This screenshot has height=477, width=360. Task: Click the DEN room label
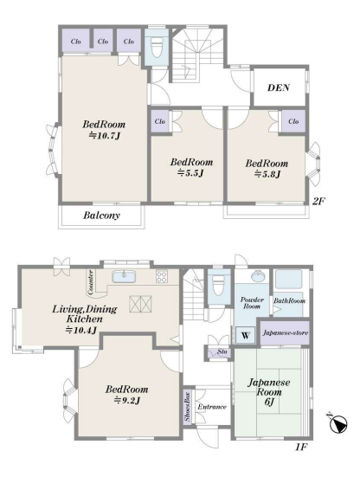(278, 88)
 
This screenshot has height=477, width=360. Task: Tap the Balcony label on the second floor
(101, 216)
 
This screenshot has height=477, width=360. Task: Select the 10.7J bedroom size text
(105, 136)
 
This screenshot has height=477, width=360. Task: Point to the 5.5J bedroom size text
(190, 173)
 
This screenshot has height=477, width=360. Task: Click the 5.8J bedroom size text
(267, 174)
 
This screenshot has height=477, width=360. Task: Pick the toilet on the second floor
(157, 48)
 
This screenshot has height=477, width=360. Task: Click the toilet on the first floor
(219, 286)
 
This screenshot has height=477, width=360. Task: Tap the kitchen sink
(124, 276)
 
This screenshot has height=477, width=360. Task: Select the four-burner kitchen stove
(162, 276)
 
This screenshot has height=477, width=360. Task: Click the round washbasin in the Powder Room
(258, 275)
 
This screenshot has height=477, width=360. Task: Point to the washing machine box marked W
(246, 336)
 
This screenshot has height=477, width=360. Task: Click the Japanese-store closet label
(286, 332)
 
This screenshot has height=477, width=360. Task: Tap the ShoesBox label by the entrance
(187, 407)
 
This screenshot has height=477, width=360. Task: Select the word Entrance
(212, 407)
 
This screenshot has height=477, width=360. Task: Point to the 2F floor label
(318, 201)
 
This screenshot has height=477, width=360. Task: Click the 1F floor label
(301, 448)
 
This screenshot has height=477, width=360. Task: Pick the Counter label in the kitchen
(90, 282)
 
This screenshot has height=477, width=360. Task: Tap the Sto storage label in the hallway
(222, 351)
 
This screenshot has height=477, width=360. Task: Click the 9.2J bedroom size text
(127, 401)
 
